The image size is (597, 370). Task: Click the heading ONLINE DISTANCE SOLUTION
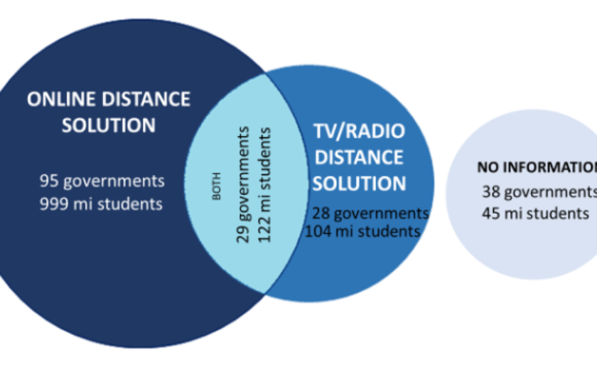108,112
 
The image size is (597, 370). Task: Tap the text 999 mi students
101,204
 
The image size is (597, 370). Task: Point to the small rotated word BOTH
217,186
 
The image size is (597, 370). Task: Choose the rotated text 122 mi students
264,184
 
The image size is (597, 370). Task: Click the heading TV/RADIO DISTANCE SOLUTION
359,157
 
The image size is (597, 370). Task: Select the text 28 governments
370,213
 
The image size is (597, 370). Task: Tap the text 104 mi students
362,231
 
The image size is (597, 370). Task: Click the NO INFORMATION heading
537,168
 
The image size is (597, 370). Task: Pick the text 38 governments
539,191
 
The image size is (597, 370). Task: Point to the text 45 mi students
535,213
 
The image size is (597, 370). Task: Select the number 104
317,231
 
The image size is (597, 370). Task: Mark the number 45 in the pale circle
490,213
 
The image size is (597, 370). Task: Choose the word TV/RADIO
359,132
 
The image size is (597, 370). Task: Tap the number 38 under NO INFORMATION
490,191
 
